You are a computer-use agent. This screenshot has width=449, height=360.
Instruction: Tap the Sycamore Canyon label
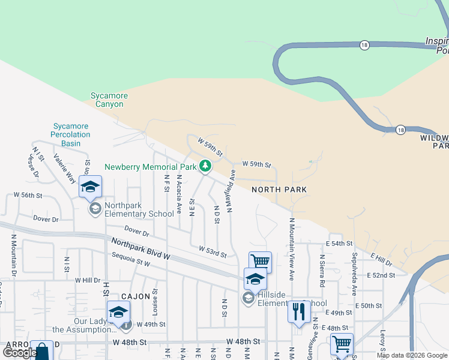107,100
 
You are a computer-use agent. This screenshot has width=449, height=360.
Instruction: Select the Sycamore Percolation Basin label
71,134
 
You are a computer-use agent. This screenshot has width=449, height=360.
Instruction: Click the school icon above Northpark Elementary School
90,187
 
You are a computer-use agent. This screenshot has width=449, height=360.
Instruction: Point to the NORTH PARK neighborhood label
279,190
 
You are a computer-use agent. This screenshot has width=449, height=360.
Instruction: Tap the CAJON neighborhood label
135,296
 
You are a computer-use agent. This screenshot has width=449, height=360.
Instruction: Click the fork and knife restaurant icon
298,311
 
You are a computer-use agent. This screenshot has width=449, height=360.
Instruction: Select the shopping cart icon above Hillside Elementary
260,262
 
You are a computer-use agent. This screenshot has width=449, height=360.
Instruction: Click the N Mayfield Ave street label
230,191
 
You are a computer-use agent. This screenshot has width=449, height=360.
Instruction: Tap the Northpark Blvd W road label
141,248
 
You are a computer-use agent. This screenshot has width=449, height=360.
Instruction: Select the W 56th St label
28,196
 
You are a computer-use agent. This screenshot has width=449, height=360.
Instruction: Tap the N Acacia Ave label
179,195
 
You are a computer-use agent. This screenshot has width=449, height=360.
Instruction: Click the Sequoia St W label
130,259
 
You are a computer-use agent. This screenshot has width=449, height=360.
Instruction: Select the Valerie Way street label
64,168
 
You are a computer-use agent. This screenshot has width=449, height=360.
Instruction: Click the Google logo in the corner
20,353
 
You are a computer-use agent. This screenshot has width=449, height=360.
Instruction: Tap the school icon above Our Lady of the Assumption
118,312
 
